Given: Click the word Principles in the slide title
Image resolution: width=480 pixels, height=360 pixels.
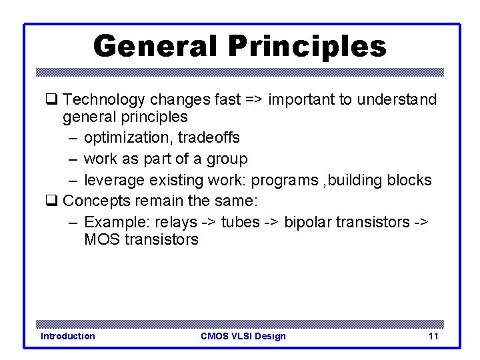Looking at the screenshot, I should click(307, 47).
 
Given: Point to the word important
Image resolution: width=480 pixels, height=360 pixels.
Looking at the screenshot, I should click(302, 100).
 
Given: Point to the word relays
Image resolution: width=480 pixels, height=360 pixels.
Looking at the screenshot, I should click(175, 222).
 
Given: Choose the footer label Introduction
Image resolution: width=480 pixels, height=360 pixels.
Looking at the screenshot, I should click(67, 336).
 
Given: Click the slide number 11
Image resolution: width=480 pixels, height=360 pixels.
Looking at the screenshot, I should click(433, 336).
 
